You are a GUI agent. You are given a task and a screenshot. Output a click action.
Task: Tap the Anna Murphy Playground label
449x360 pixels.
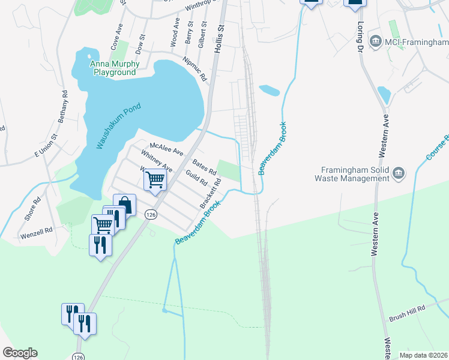(115, 68)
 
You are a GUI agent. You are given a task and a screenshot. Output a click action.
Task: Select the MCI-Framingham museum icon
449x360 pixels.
(376, 41)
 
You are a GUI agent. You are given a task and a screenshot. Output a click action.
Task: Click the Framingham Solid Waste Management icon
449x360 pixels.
(398, 174)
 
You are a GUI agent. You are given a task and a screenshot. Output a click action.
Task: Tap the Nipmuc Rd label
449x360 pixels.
(194, 69)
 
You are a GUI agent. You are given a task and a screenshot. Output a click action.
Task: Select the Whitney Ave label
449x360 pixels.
(157, 161)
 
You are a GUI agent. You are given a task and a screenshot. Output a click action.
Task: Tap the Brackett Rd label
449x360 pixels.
(207, 197)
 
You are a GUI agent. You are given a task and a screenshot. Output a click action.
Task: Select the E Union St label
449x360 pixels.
(46, 146)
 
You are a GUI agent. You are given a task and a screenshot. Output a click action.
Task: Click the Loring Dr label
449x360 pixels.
(361, 37)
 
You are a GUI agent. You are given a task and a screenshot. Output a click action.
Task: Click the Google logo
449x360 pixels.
(20, 353)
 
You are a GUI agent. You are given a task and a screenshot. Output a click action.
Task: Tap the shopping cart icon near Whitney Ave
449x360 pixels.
(155, 179)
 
